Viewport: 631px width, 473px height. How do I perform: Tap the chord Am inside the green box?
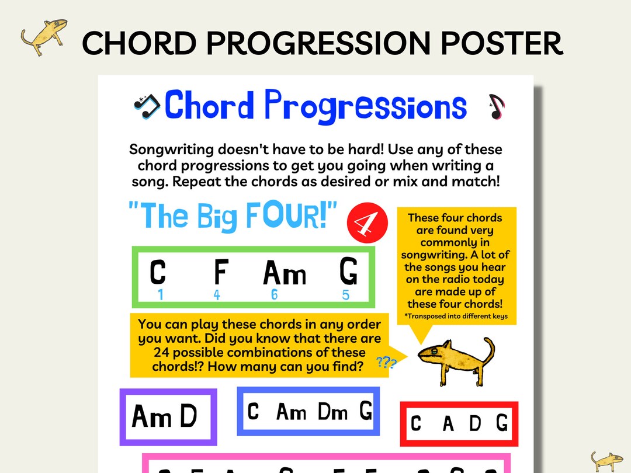285,273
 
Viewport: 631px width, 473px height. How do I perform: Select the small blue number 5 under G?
346,295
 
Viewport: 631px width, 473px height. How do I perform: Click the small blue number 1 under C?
160,295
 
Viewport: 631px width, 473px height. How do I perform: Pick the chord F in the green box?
220,273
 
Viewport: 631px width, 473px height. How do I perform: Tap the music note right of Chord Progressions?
496,106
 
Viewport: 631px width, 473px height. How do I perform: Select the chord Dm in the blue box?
333,412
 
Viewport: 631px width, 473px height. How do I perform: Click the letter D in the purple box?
189,416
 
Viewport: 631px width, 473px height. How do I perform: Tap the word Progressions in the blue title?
365,106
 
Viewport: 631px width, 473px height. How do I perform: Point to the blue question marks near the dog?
386,363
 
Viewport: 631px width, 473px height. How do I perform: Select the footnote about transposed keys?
456,317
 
